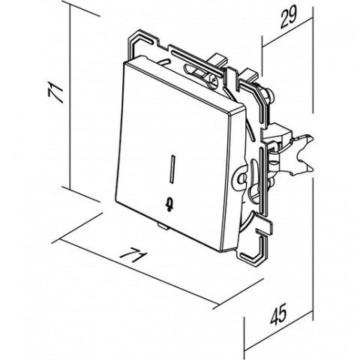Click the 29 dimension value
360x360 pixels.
click(x=288, y=16)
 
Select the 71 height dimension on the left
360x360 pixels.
click(x=55, y=93)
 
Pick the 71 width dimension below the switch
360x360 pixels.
click(x=133, y=255)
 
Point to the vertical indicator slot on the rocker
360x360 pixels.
click(x=172, y=168)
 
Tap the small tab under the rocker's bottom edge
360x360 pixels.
click(x=162, y=226)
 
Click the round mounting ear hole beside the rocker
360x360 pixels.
click(x=241, y=179)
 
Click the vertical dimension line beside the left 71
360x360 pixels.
click(x=70, y=97)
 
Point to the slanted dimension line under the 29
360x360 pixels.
click(x=287, y=32)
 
